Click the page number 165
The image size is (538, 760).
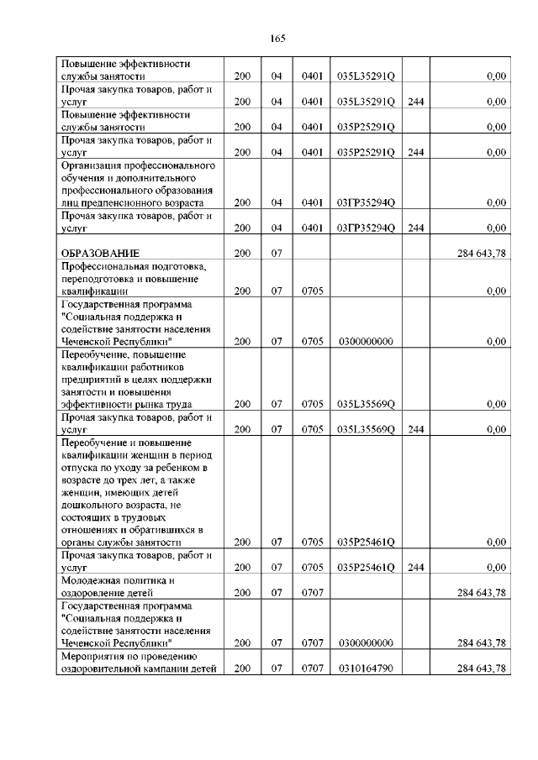click(x=278, y=39)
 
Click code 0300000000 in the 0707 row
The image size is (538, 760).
click(x=365, y=642)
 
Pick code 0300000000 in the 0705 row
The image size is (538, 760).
click(x=365, y=341)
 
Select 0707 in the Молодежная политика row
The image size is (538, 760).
click(x=313, y=592)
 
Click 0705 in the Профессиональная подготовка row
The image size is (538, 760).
click(x=313, y=291)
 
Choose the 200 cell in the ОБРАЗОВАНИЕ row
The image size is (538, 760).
click(x=242, y=253)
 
